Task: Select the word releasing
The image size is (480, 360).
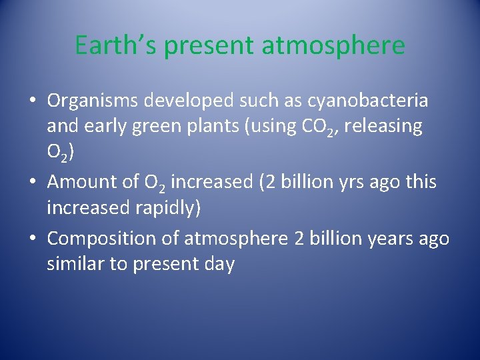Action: [x=385, y=127]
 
